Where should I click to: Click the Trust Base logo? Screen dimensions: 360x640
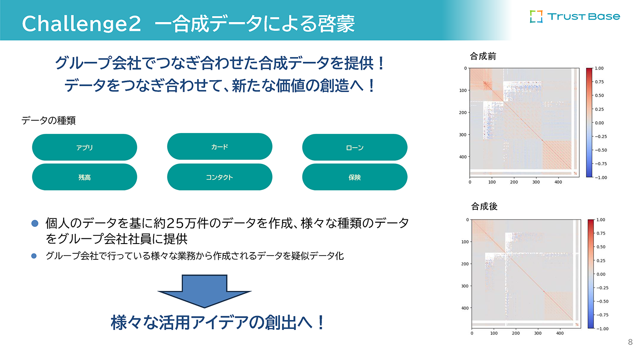pyautogui.click(x=574, y=17)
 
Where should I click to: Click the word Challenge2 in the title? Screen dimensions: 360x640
pyautogui.click(x=81, y=23)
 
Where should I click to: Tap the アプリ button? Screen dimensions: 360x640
pyautogui.click(x=84, y=148)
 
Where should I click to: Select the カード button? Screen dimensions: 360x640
pyautogui.click(x=219, y=147)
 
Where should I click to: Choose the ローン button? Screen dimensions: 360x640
pyautogui.click(x=355, y=148)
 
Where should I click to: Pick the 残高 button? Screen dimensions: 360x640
pyautogui.click(x=84, y=177)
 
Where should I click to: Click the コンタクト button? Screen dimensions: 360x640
pyautogui.click(x=219, y=177)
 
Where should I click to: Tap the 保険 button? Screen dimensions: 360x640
pyautogui.click(x=355, y=177)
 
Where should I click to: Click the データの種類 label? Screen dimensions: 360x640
pyautogui.click(x=49, y=121)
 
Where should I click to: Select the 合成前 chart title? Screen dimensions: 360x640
pyautogui.click(x=483, y=56)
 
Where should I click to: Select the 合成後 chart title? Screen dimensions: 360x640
pyautogui.click(x=484, y=206)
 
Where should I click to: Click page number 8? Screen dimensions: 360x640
pyautogui.click(x=630, y=342)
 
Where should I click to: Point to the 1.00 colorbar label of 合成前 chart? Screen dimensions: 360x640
pyautogui.click(x=599, y=68)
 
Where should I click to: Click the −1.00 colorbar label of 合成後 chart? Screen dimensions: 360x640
pyautogui.click(x=602, y=329)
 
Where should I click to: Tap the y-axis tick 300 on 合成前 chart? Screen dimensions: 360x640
pyautogui.click(x=463, y=135)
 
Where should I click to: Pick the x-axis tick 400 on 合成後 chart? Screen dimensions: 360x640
pyautogui.click(x=560, y=334)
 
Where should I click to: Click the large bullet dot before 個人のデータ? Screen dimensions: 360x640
pyautogui.click(x=35, y=223)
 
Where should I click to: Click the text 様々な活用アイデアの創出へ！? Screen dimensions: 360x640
pyautogui.click(x=218, y=322)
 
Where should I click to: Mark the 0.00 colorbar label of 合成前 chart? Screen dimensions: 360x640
pyautogui.click(x=599, y=123)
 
